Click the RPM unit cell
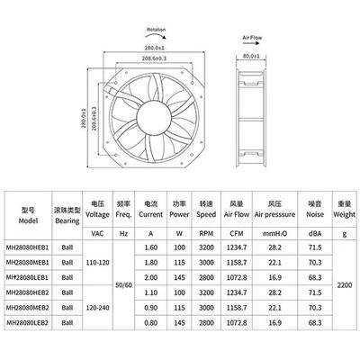tap(206, 235)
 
